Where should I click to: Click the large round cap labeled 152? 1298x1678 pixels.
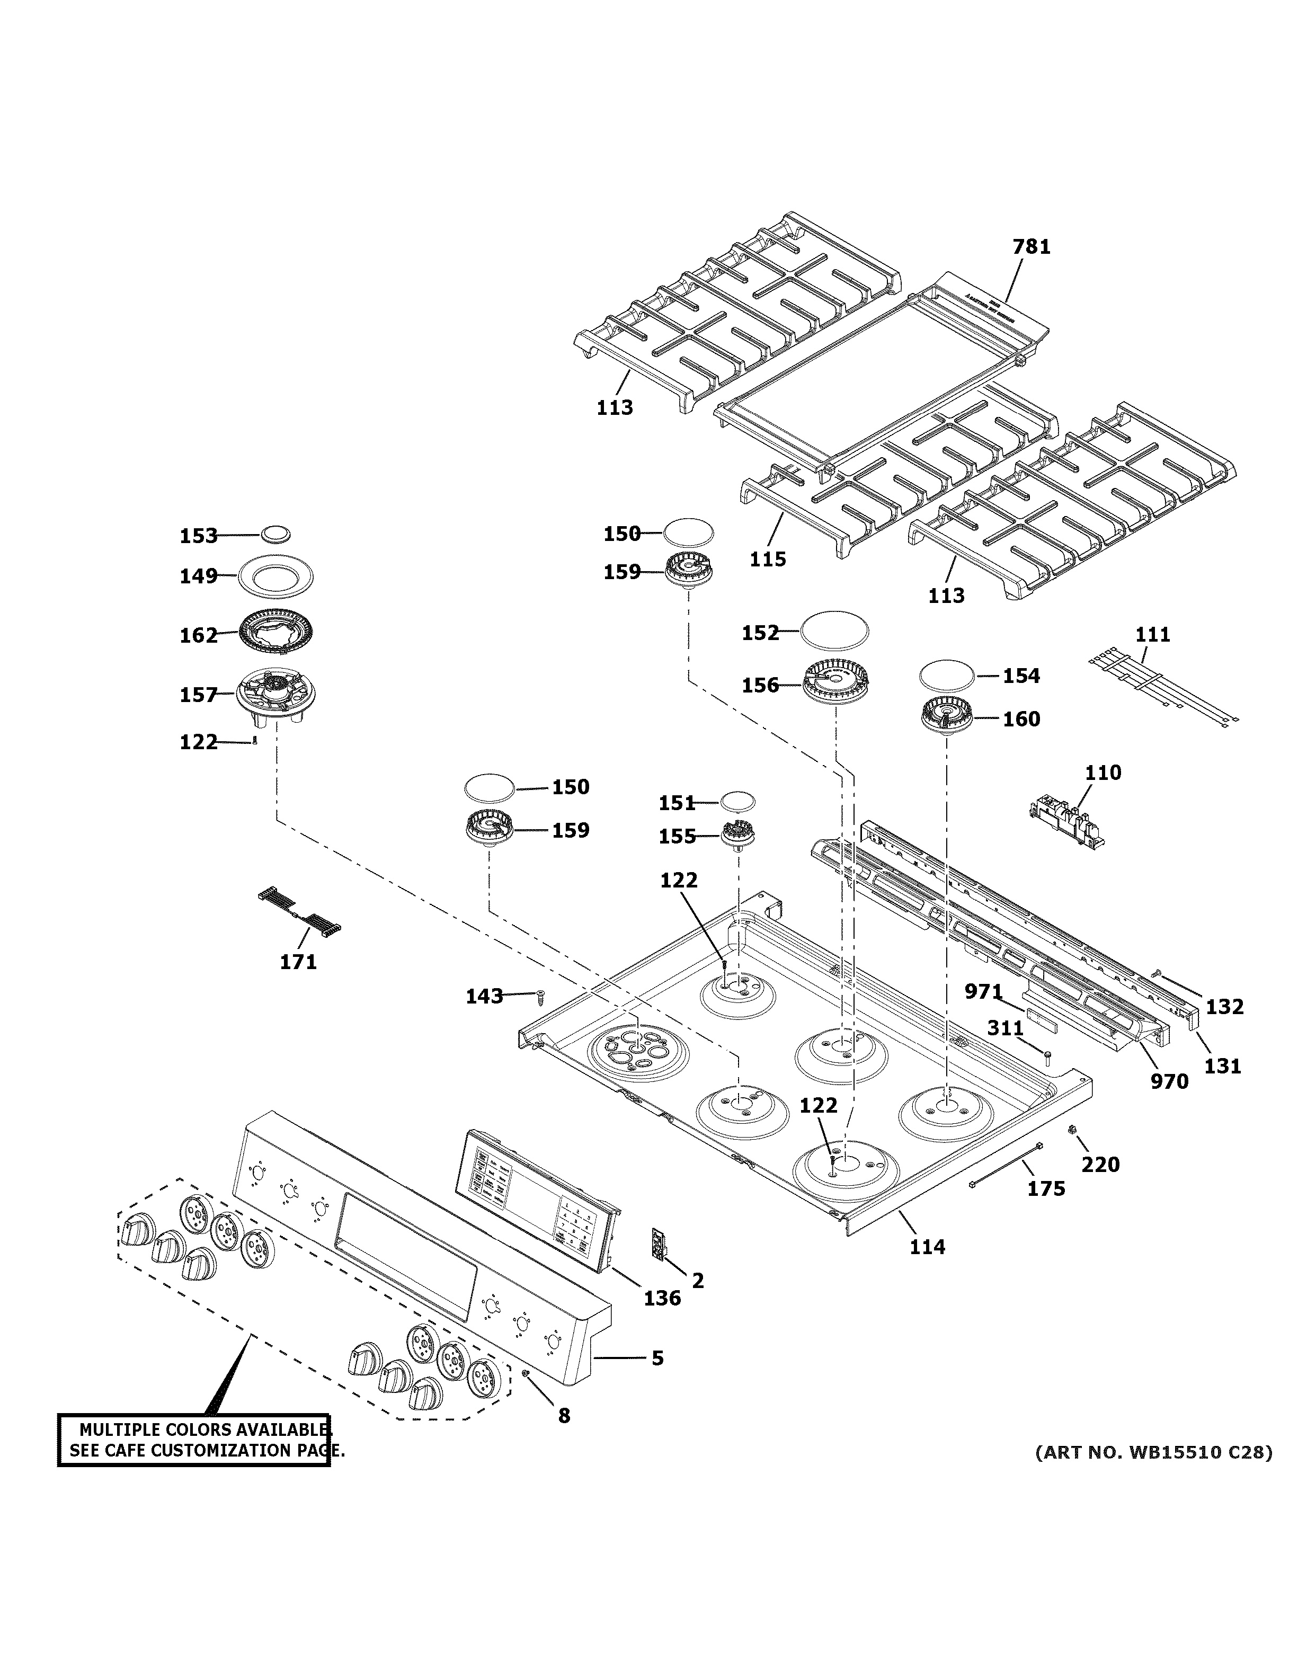pyautogui.click(x=835, y=631)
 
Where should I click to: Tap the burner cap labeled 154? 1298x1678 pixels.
pyautogui.click(x=948, y=676)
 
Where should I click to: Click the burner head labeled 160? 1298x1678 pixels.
pyautogui.click(x=947, y=717)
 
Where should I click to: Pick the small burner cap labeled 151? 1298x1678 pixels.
pyautogui.click(x=737, y=801)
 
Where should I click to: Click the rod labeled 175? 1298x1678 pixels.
pyautogui.click(x=1006, y=1164)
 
